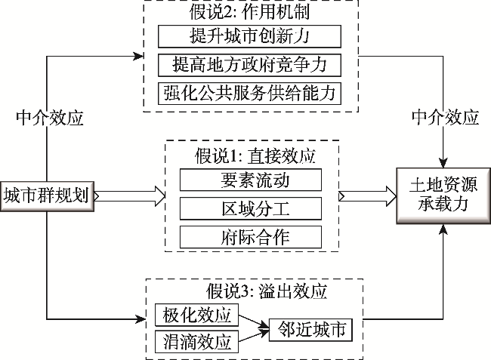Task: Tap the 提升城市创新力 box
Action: point(250,36)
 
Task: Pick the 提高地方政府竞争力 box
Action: point(250,64)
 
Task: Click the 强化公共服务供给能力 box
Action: point(250,93)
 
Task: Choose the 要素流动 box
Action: point(250,180)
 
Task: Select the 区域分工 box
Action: point(250,208)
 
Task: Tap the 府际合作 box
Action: point(250,236)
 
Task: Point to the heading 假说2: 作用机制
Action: point(250,14)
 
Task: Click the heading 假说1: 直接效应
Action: point(250,157)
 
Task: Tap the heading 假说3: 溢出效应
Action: point(250,290)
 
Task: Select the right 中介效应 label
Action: point(445,118)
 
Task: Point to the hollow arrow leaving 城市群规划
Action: point(128,196)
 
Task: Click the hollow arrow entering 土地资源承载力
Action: point(368,196)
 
